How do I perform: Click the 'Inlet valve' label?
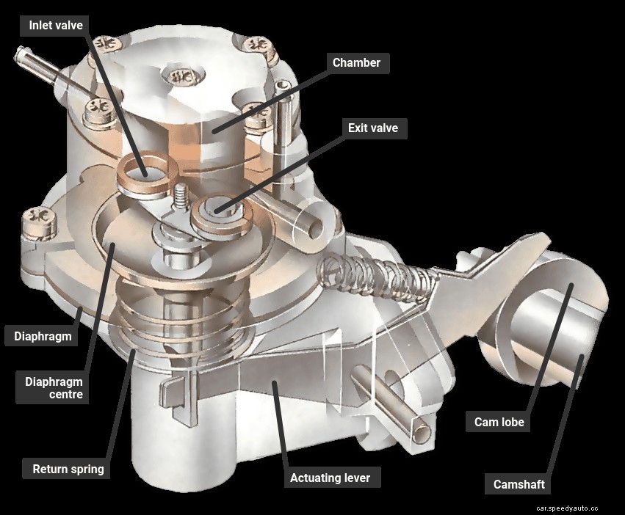coord(55,25)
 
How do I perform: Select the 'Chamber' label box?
coord(356,62)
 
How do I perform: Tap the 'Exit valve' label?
coord(373,128)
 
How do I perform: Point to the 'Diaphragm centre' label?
coord(54,388)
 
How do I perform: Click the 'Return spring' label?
coord(68,468)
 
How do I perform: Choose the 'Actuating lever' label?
coord(325,478)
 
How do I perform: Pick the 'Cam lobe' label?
coord(498,422)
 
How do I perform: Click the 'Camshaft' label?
coord(519,484)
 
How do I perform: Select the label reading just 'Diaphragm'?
coord(43,337)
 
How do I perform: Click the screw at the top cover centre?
coord(179,77)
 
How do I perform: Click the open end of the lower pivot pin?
coord(421,433)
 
